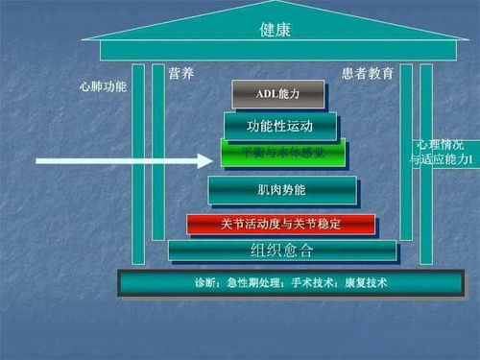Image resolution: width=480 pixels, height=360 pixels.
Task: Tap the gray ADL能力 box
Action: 277,94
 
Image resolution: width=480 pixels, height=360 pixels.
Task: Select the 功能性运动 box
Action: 279,126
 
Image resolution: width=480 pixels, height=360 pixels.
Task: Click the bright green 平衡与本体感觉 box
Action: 281,154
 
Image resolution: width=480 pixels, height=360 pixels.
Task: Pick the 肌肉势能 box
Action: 281,190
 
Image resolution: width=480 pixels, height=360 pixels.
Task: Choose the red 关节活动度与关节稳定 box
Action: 280,224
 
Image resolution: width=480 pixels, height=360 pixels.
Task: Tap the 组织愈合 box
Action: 281,252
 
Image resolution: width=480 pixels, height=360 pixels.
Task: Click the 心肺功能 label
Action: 103,86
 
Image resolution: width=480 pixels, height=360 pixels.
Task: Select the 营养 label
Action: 181,74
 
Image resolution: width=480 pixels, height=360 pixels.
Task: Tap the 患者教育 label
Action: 367,74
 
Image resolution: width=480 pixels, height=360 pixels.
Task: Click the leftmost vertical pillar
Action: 138,163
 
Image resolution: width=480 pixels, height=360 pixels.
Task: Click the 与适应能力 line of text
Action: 444,158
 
